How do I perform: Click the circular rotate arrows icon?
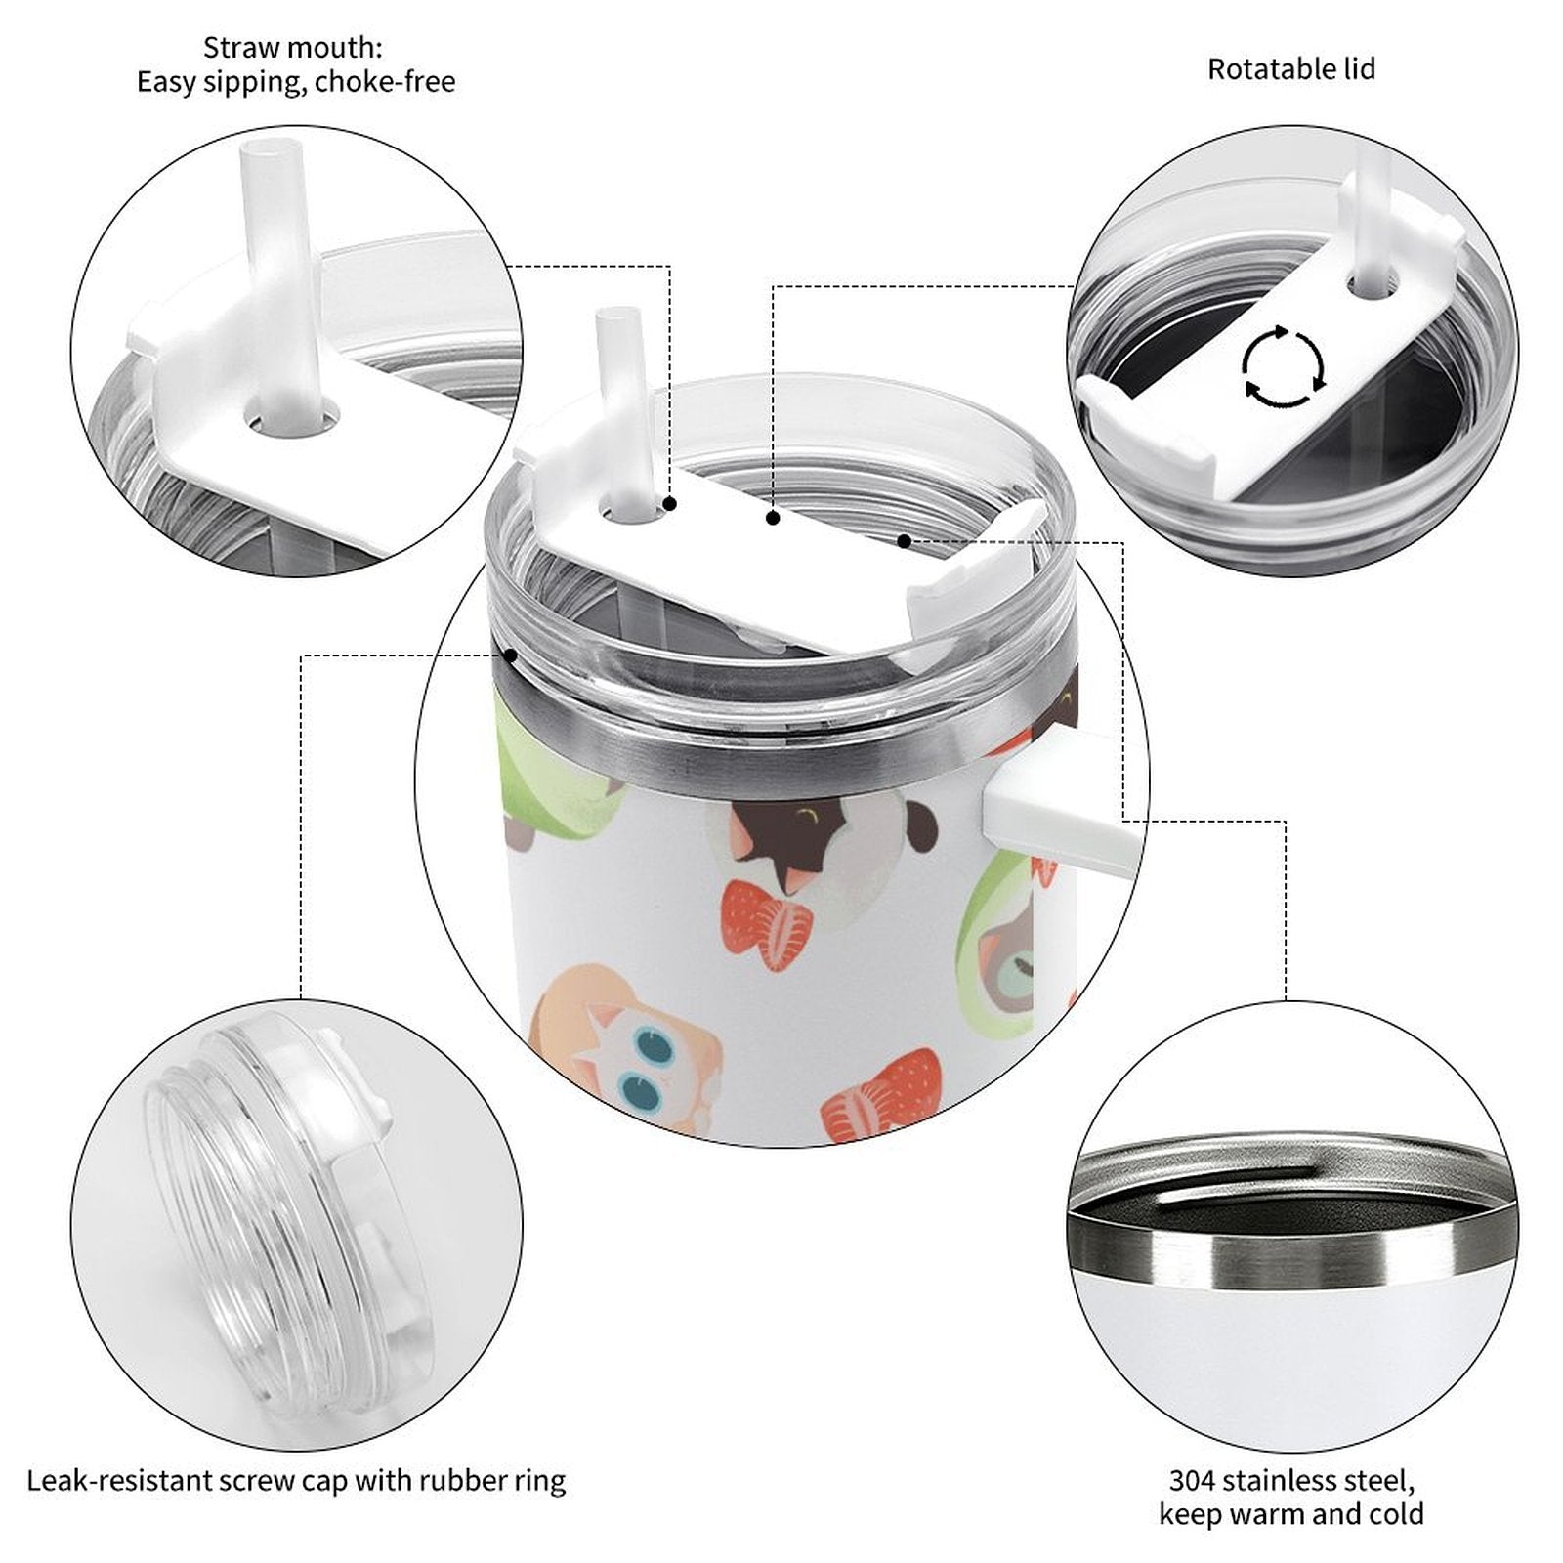pyautogui.click(x=1284, y=367)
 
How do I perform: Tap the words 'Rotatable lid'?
pyautogui.click(x=1291, y=69)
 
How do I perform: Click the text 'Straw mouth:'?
pyautogui.click(x=293, y=47)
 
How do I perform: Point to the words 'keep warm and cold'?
pyautogui.click(x=1291, y=1514)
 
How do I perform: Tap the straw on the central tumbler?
pyautogui.click(x=619, y=410)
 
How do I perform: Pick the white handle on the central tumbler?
pyautogui.click(x=1060, y=811)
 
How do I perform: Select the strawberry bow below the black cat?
pyautogui.click(x=768, y=924)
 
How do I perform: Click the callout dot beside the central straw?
pyautogui.click(x=670, y=504)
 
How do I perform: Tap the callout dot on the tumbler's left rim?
pyautogui.click(x=510, y=655)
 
